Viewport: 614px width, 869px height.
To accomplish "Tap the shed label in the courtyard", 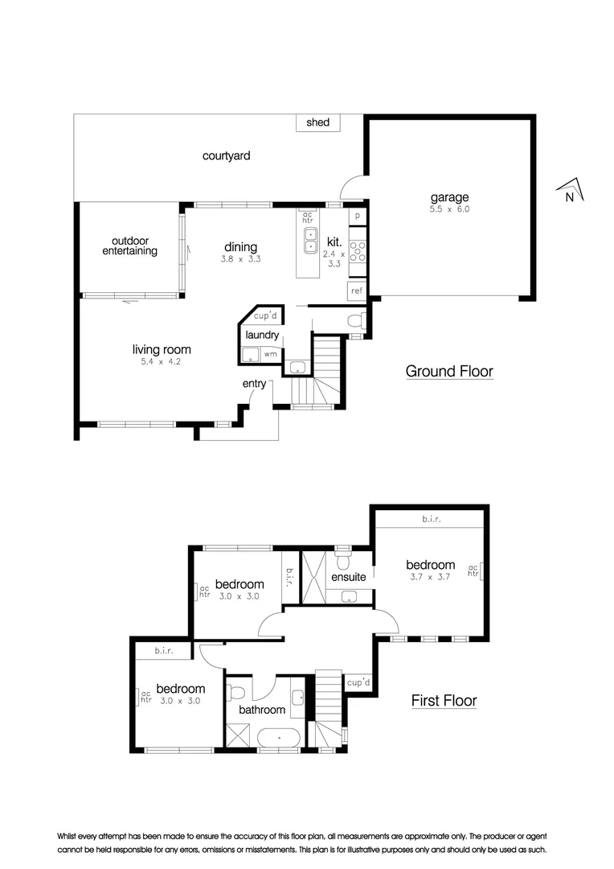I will pos(318,123).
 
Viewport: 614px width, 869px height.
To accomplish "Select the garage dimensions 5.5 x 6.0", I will pos(449,209).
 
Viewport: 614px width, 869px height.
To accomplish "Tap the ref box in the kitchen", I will pos(357,290).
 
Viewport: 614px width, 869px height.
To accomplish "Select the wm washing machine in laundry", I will pos(270,353).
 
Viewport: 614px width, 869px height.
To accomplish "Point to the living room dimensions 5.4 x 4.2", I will pos(162,362).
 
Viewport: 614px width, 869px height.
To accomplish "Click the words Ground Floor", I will pos(448,371).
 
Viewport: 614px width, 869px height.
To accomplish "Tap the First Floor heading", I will pos(444,701).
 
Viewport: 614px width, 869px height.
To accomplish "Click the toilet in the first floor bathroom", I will pos(236,692).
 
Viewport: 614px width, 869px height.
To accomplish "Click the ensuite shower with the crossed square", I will pos(312,578).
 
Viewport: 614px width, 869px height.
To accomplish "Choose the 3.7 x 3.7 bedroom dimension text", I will pos(430,577).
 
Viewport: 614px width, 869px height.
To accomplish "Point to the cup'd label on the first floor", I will pos(358,682).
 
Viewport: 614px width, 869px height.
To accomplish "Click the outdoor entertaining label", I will pos(129,245).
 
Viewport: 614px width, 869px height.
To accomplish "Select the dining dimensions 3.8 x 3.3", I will pos(241,259).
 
